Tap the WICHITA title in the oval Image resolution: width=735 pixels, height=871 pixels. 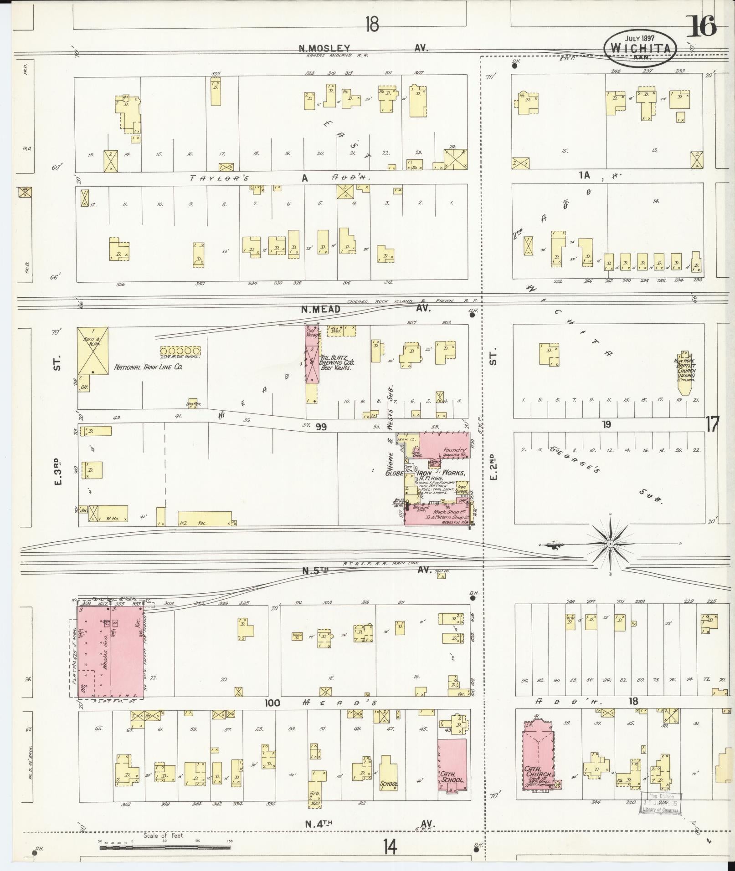coord(640,48)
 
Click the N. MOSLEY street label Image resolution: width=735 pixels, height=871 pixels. coord(324,47)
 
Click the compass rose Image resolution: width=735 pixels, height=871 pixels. coord(609,544)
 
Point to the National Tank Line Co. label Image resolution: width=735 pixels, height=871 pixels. coord(148,367)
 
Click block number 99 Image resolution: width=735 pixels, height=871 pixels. coord(321,426)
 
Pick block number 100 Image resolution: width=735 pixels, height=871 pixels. coord(272,716)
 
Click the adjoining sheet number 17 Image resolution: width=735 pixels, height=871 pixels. coord(712,425)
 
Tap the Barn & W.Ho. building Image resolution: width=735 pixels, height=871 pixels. coord(93,351)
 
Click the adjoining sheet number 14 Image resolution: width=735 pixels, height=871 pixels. coord(390,847)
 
